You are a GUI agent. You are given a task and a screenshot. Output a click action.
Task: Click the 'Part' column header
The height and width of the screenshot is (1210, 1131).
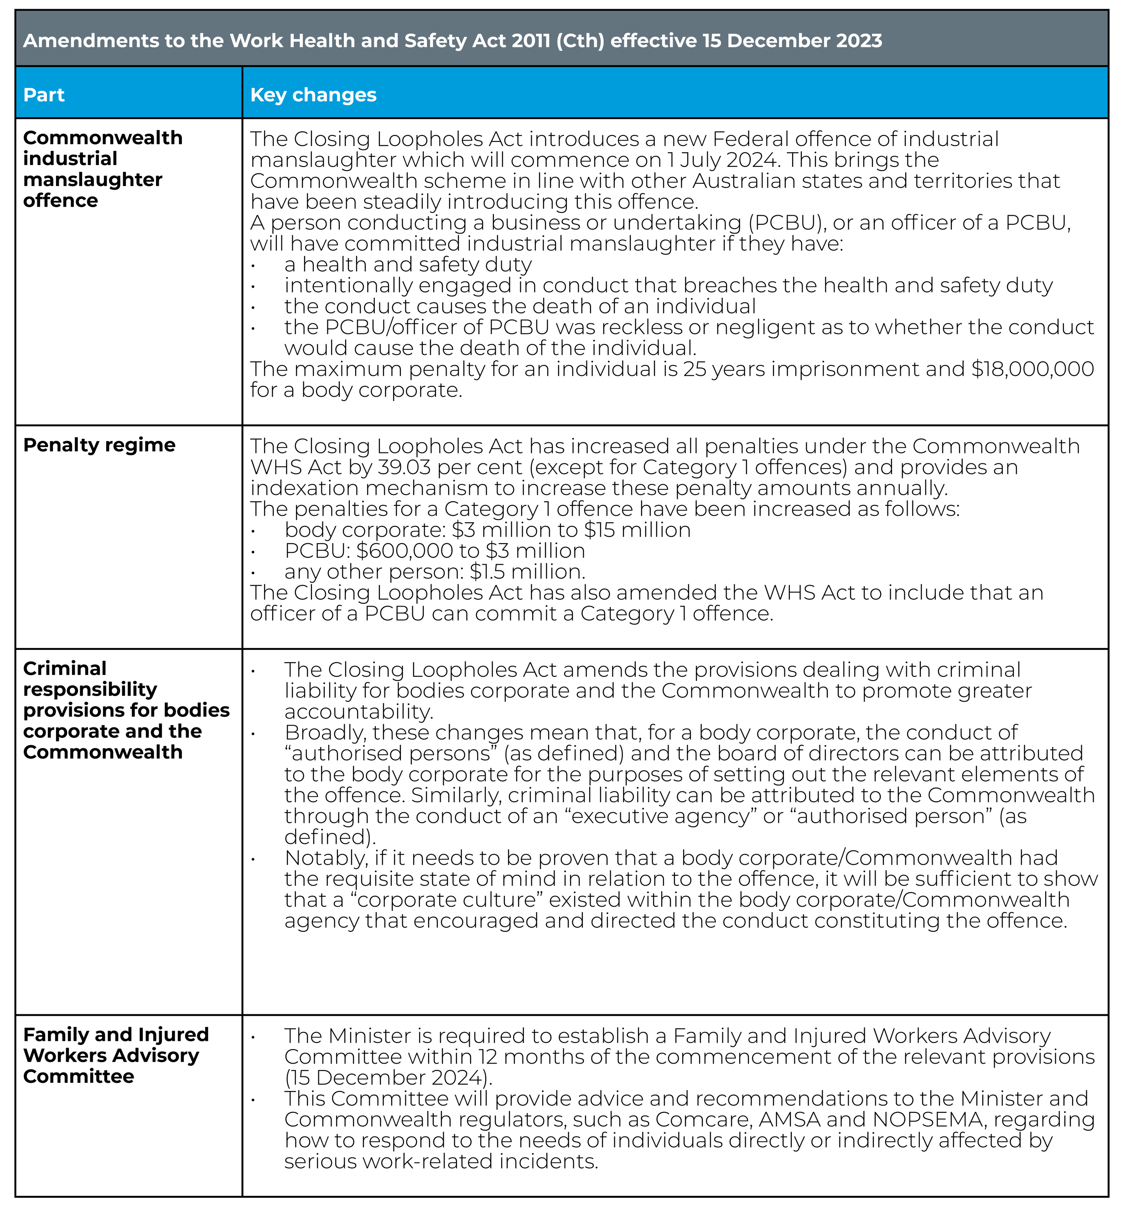(x=44, y=95)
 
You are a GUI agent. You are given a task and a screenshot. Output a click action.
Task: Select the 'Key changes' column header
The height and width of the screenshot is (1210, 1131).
(x=313, y=95)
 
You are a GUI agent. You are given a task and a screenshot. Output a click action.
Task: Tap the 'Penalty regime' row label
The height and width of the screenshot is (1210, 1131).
(x=99, y=445)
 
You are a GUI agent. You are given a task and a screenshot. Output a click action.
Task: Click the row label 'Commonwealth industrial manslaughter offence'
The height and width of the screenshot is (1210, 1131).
(x=102, y=169)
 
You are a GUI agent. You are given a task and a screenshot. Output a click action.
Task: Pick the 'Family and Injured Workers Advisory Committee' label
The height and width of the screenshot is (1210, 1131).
(x=116, y=1055)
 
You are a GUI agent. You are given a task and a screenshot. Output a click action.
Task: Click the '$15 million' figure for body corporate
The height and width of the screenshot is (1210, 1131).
(x=638, y=530)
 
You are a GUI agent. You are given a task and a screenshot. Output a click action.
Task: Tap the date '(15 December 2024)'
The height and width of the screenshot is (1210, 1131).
(x=389, y=1078)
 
